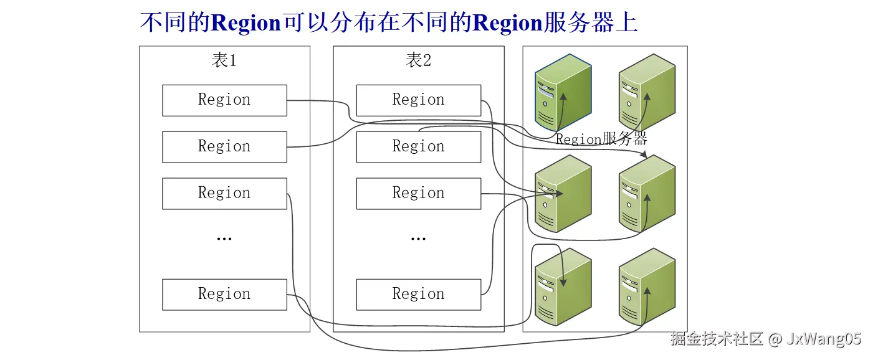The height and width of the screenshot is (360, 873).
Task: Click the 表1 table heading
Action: [x=224, y=60]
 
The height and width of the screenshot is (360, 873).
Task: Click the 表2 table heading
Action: [x=418, y=60]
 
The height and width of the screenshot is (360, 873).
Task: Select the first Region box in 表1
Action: [x=224, y=100]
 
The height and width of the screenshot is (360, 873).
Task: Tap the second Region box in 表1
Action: [x=224, y=147]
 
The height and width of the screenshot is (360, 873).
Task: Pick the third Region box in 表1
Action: [x=224, y=194]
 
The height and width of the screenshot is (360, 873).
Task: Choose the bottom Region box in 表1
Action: [x=224, y=295]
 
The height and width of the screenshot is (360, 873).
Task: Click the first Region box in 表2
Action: [x=418, y=100]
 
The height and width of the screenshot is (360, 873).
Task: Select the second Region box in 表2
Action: [x=418, y=147]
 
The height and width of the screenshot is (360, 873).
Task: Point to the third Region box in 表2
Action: [x=418, y=194]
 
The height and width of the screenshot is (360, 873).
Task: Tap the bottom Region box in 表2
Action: [x=418, y=295]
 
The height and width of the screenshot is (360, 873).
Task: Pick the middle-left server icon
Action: [x=563, y=194]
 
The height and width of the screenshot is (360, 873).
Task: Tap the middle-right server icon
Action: [x=647, y=194]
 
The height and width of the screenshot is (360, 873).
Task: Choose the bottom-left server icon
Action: [x=563, y=287]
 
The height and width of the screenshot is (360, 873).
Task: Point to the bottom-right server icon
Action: [x=647, y=287]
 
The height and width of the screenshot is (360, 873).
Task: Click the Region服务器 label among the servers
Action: [x=601, y=139]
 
